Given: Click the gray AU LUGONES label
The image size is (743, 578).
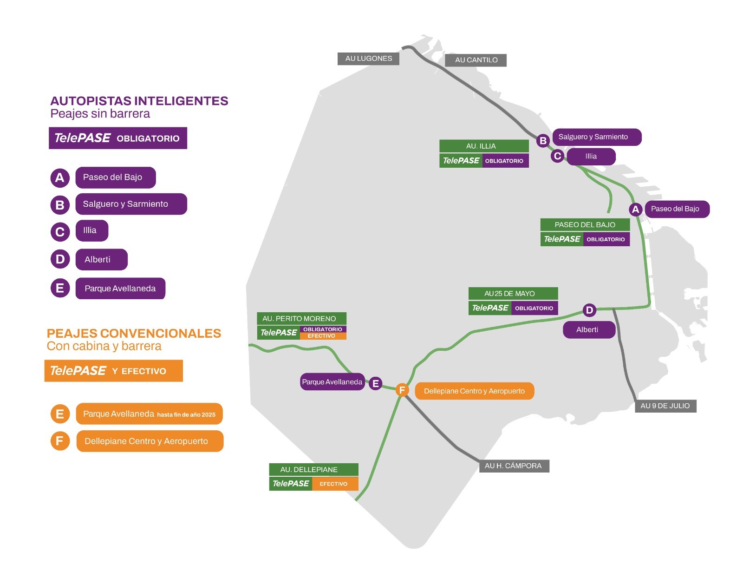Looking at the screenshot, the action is pos(368,59).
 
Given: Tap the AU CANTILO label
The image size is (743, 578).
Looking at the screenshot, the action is pos(476,60).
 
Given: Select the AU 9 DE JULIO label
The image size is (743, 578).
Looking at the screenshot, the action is pos(665,406).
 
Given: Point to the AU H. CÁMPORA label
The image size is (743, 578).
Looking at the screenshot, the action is pos(514,466).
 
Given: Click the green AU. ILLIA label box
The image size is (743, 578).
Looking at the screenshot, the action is pos(484,146).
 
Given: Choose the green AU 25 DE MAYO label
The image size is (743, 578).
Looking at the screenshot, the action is pos(513,294).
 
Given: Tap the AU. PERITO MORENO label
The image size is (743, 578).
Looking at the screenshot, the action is pos(301,318).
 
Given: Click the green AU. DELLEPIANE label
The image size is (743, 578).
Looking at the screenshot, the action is pos(313,470).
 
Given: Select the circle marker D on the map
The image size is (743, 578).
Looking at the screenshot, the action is pos(589,310).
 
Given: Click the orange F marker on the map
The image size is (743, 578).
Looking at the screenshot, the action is pos(402,390).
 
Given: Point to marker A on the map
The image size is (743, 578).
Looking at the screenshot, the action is pos(635,209).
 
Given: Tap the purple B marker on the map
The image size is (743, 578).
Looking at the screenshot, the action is pos(543,141).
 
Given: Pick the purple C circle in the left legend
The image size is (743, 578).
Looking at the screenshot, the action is pos(60,232).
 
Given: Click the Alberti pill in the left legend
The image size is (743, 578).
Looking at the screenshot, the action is pos(102,260).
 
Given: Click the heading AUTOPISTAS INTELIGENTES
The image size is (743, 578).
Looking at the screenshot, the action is pos(139,101).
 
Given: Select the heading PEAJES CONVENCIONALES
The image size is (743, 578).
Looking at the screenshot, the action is pos(134,334).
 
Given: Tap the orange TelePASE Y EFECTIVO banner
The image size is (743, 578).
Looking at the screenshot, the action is pos(113,371).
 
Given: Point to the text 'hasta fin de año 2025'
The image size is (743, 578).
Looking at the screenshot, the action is pos(186,415).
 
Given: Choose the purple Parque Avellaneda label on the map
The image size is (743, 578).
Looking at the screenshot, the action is pos(332,381).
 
